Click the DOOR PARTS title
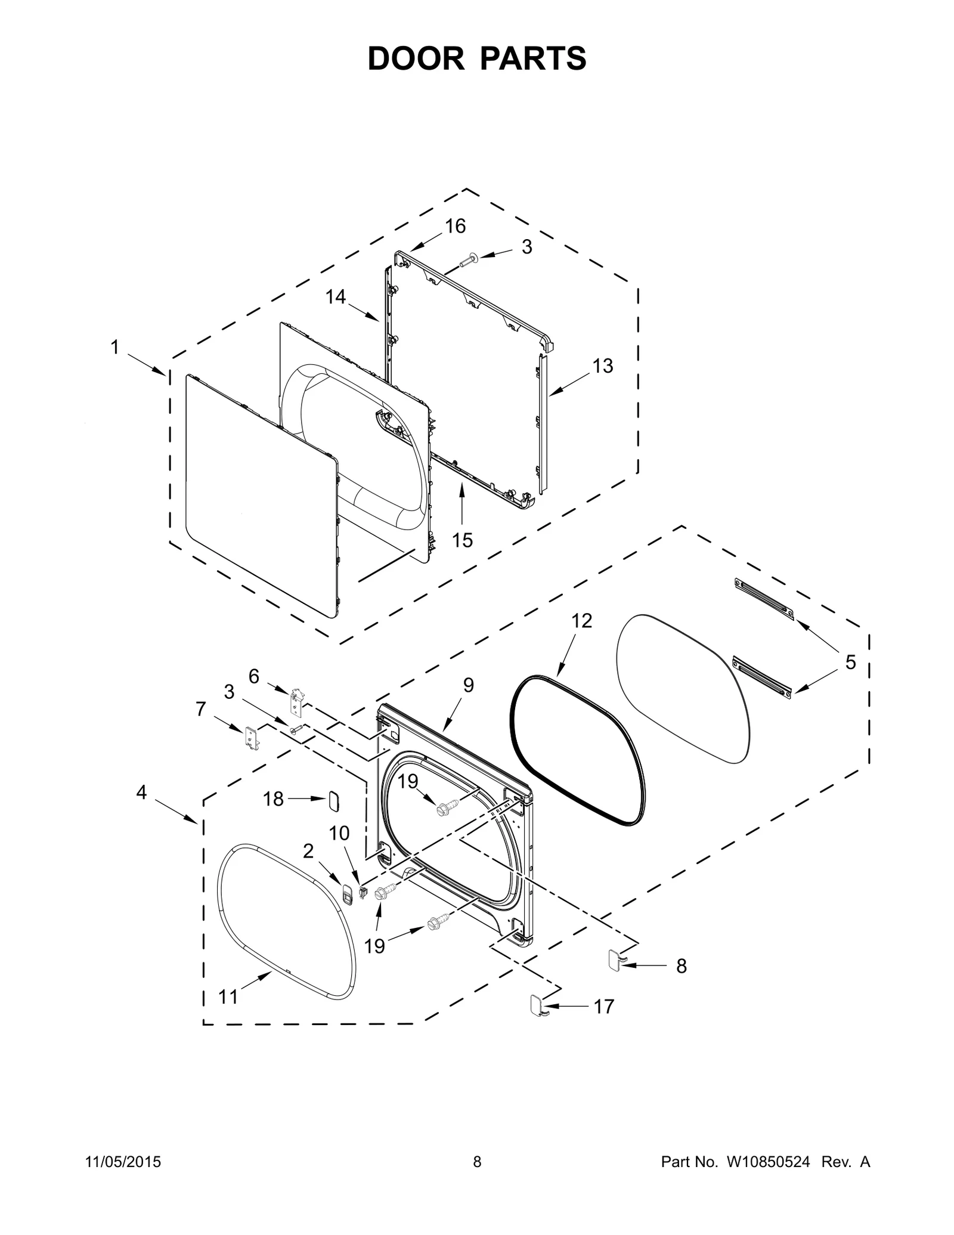point(476,58)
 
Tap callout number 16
point(455,227)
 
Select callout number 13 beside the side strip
point(603,366)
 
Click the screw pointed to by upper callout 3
point(466,259)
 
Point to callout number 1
point(115,347)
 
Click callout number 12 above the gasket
point(581,621)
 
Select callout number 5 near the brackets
point(850,662)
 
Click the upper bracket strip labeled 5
point(765,598)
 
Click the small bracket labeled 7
point(252,738)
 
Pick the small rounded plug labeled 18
point(333,801)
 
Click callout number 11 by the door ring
point(228,996)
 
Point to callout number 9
point(468,686)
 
